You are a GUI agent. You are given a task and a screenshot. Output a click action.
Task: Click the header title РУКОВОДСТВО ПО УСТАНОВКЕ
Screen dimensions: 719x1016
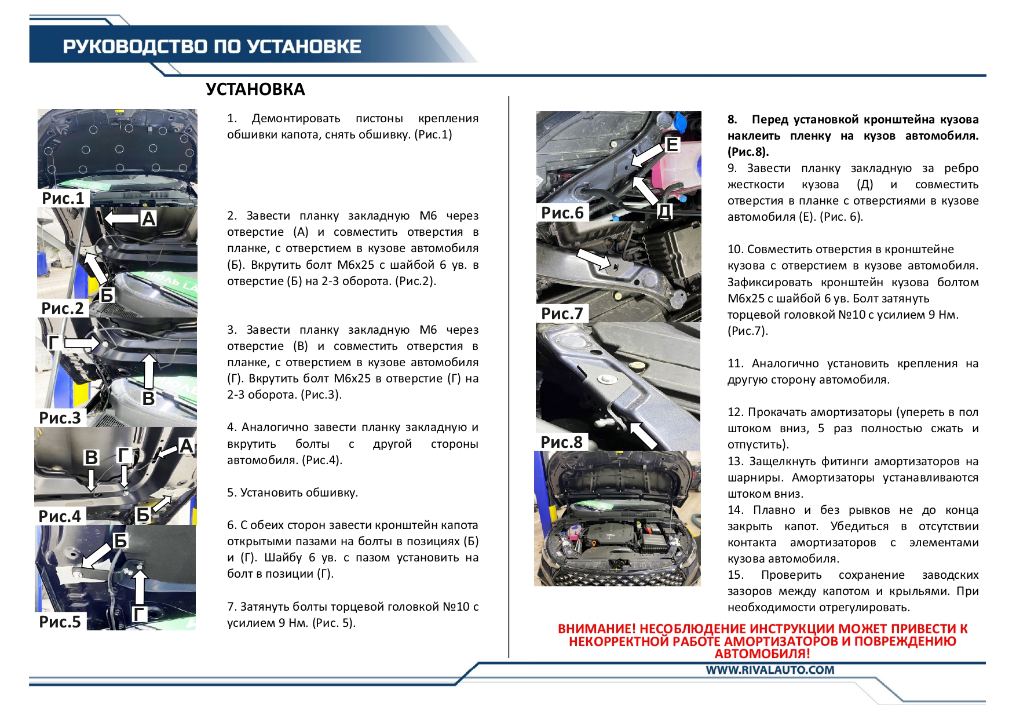[212, 46]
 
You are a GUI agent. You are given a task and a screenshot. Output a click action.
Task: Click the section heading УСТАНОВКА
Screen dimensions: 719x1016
[255, 89]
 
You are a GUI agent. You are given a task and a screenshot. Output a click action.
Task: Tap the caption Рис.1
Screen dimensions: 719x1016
[63, 198]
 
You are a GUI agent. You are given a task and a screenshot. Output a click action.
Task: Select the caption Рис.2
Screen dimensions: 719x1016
[63, 308]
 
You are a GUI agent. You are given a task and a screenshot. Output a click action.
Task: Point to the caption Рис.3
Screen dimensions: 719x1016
[60, 418]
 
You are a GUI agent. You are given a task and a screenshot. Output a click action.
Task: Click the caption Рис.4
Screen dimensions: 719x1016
[60, 516]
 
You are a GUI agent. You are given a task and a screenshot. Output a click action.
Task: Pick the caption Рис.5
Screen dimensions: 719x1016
[60, 622]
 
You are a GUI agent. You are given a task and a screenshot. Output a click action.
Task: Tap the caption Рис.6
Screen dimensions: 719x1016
[562, 213]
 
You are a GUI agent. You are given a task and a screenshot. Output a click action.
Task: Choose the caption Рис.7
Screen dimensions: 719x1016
[562, 313]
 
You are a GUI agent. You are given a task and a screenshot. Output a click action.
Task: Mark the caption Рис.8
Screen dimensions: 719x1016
[561, 442]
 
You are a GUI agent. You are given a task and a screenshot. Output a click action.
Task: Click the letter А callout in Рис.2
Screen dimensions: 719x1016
[149, 219]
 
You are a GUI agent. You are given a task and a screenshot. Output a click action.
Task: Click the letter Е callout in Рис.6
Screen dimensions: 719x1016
[672, 145]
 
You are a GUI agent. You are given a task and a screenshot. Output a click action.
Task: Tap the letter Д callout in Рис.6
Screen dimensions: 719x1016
[665, 211]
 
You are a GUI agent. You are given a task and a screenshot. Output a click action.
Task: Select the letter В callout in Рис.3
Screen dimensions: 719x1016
[149, 398]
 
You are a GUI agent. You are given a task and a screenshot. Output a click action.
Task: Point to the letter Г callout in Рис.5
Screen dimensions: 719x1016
[140, 614]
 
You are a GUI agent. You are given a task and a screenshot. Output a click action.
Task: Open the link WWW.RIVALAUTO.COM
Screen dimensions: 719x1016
[770, 670]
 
